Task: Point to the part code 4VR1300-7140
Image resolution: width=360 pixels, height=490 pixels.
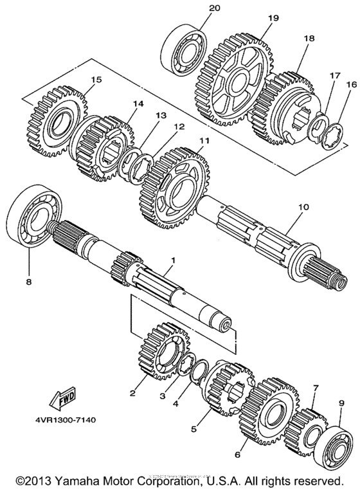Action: [61, 421]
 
